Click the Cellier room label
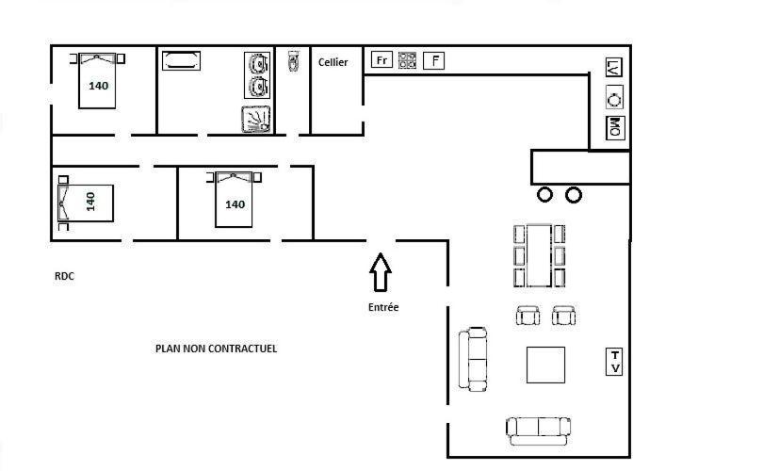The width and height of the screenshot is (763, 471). tap(333, 62)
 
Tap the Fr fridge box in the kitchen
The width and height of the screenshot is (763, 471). tap(381, 60)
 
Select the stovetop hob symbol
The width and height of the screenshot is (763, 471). tap(407, 60)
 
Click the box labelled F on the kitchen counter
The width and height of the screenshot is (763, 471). tap(433, 61)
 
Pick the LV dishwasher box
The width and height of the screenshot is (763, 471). tap(614, 67)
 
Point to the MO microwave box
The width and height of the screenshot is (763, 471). tap(615, 127)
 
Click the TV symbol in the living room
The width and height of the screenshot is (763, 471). tap(614, 362)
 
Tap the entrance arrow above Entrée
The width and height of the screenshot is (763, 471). tap(381, 272)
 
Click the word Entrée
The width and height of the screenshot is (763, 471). tap(383, 307)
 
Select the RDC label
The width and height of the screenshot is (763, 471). tap(64, 276)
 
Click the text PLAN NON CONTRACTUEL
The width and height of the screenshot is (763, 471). tap(216, 349)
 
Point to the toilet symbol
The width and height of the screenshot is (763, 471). tap(293, 61)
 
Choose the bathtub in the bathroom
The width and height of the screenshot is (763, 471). tap(181, 61)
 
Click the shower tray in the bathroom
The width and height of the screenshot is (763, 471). tap(256, 120)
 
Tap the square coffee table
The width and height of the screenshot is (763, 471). tap(545, 365)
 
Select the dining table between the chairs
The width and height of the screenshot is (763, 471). tap(539, 255)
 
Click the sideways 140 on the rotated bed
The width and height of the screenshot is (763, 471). tap(90, 202)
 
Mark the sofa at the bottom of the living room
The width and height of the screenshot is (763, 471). tap(538, 430)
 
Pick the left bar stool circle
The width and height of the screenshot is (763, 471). tap(544, 195)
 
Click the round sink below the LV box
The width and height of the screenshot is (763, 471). tap(614, 100)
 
